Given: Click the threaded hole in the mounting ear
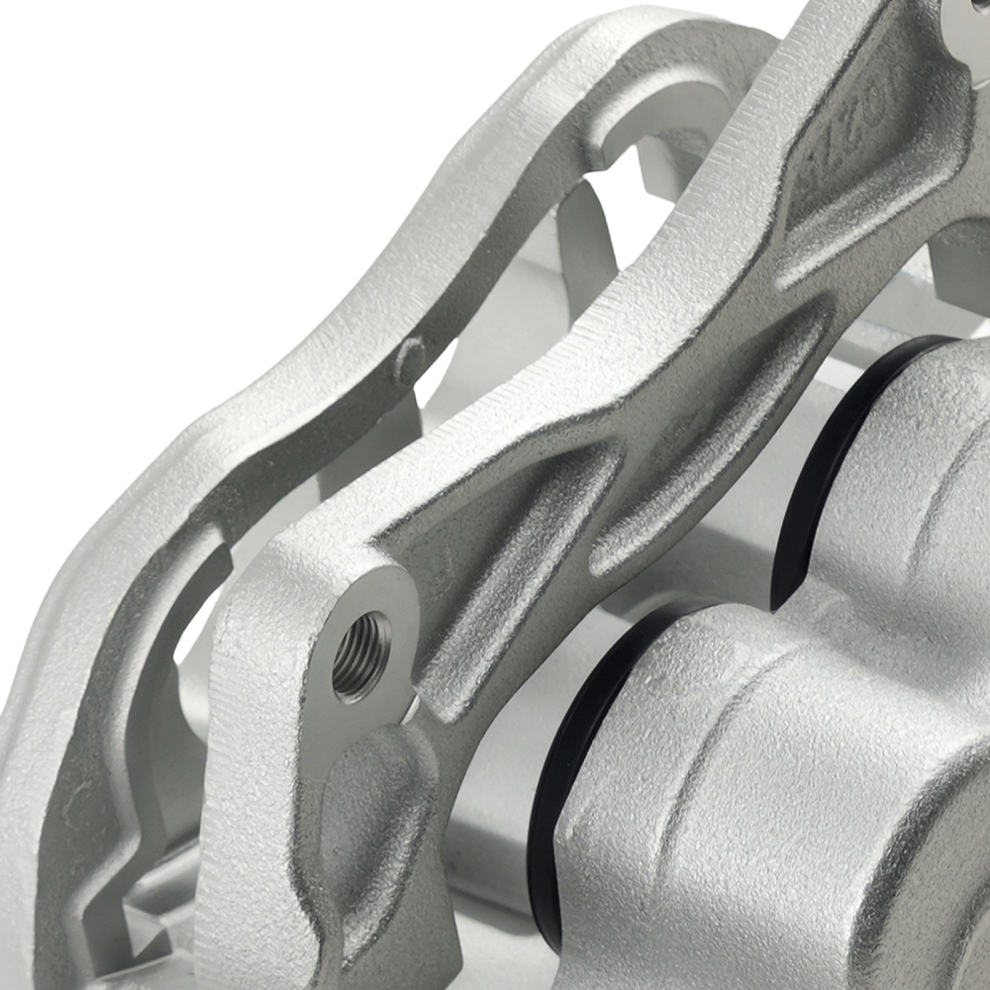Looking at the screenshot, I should click(360, 654).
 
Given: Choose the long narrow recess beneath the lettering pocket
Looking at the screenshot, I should click(713, 436).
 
